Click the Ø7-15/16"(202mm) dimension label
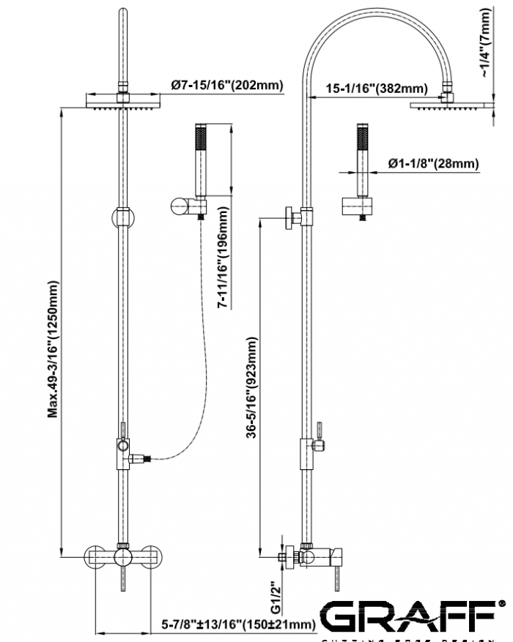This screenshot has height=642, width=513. (227, 86)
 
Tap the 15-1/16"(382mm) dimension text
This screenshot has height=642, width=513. (376, 89)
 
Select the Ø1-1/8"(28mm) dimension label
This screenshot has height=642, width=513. (433, 164)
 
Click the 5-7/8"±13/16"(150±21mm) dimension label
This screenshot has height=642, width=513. (238, 624)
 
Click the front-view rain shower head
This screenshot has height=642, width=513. (122, 101)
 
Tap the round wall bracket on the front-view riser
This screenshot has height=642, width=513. (122, 218)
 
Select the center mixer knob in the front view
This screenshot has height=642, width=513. (122, 558)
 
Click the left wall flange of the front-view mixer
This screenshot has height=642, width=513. (93, 558)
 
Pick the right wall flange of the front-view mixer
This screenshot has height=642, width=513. (152, 558)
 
